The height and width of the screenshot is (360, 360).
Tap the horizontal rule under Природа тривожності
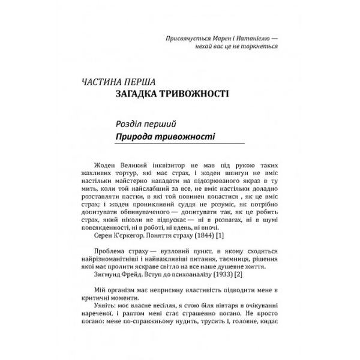pos(181,146)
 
